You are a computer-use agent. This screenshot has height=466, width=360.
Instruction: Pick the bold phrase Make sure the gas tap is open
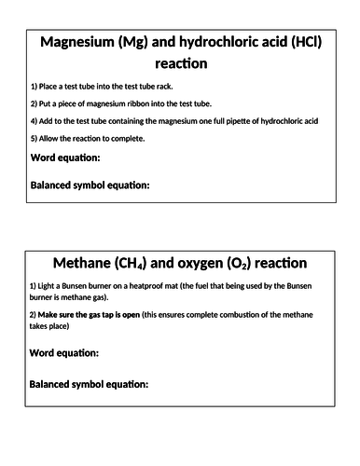coord(85,315)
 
